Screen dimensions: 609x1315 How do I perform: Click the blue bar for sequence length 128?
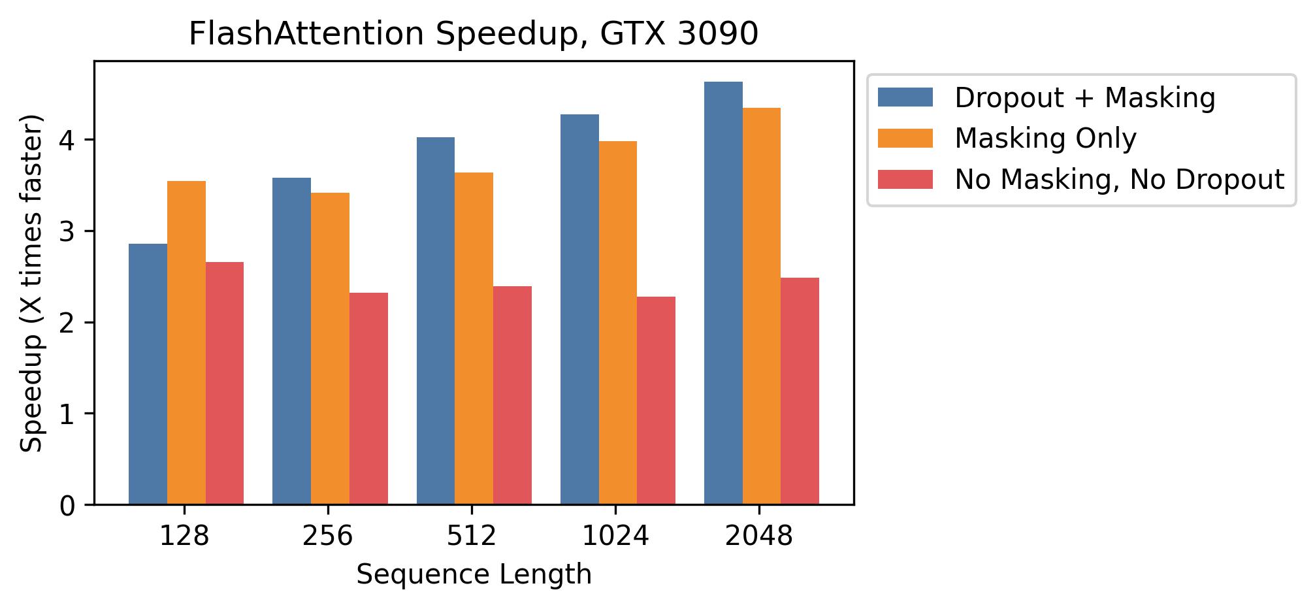148,374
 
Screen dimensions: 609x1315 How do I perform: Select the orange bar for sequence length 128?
186,342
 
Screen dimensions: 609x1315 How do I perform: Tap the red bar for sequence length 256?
368,399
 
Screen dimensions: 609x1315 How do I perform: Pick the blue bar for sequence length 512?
436,320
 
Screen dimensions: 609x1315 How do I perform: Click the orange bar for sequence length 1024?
618,323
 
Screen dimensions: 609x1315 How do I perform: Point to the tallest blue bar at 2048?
723,293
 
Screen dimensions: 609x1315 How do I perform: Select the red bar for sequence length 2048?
800,391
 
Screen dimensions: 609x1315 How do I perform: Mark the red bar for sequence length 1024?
656,400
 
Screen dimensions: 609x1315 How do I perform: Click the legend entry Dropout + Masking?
1084,98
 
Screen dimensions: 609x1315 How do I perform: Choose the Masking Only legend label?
1045,139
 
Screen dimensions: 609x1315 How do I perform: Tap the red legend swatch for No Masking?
905,180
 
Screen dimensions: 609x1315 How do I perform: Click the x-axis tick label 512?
472,536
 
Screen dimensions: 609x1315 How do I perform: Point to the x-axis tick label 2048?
759,536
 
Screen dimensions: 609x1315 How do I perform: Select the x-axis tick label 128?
184,536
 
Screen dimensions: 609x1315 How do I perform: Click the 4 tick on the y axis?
69,140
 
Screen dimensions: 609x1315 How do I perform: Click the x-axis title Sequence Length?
474,575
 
